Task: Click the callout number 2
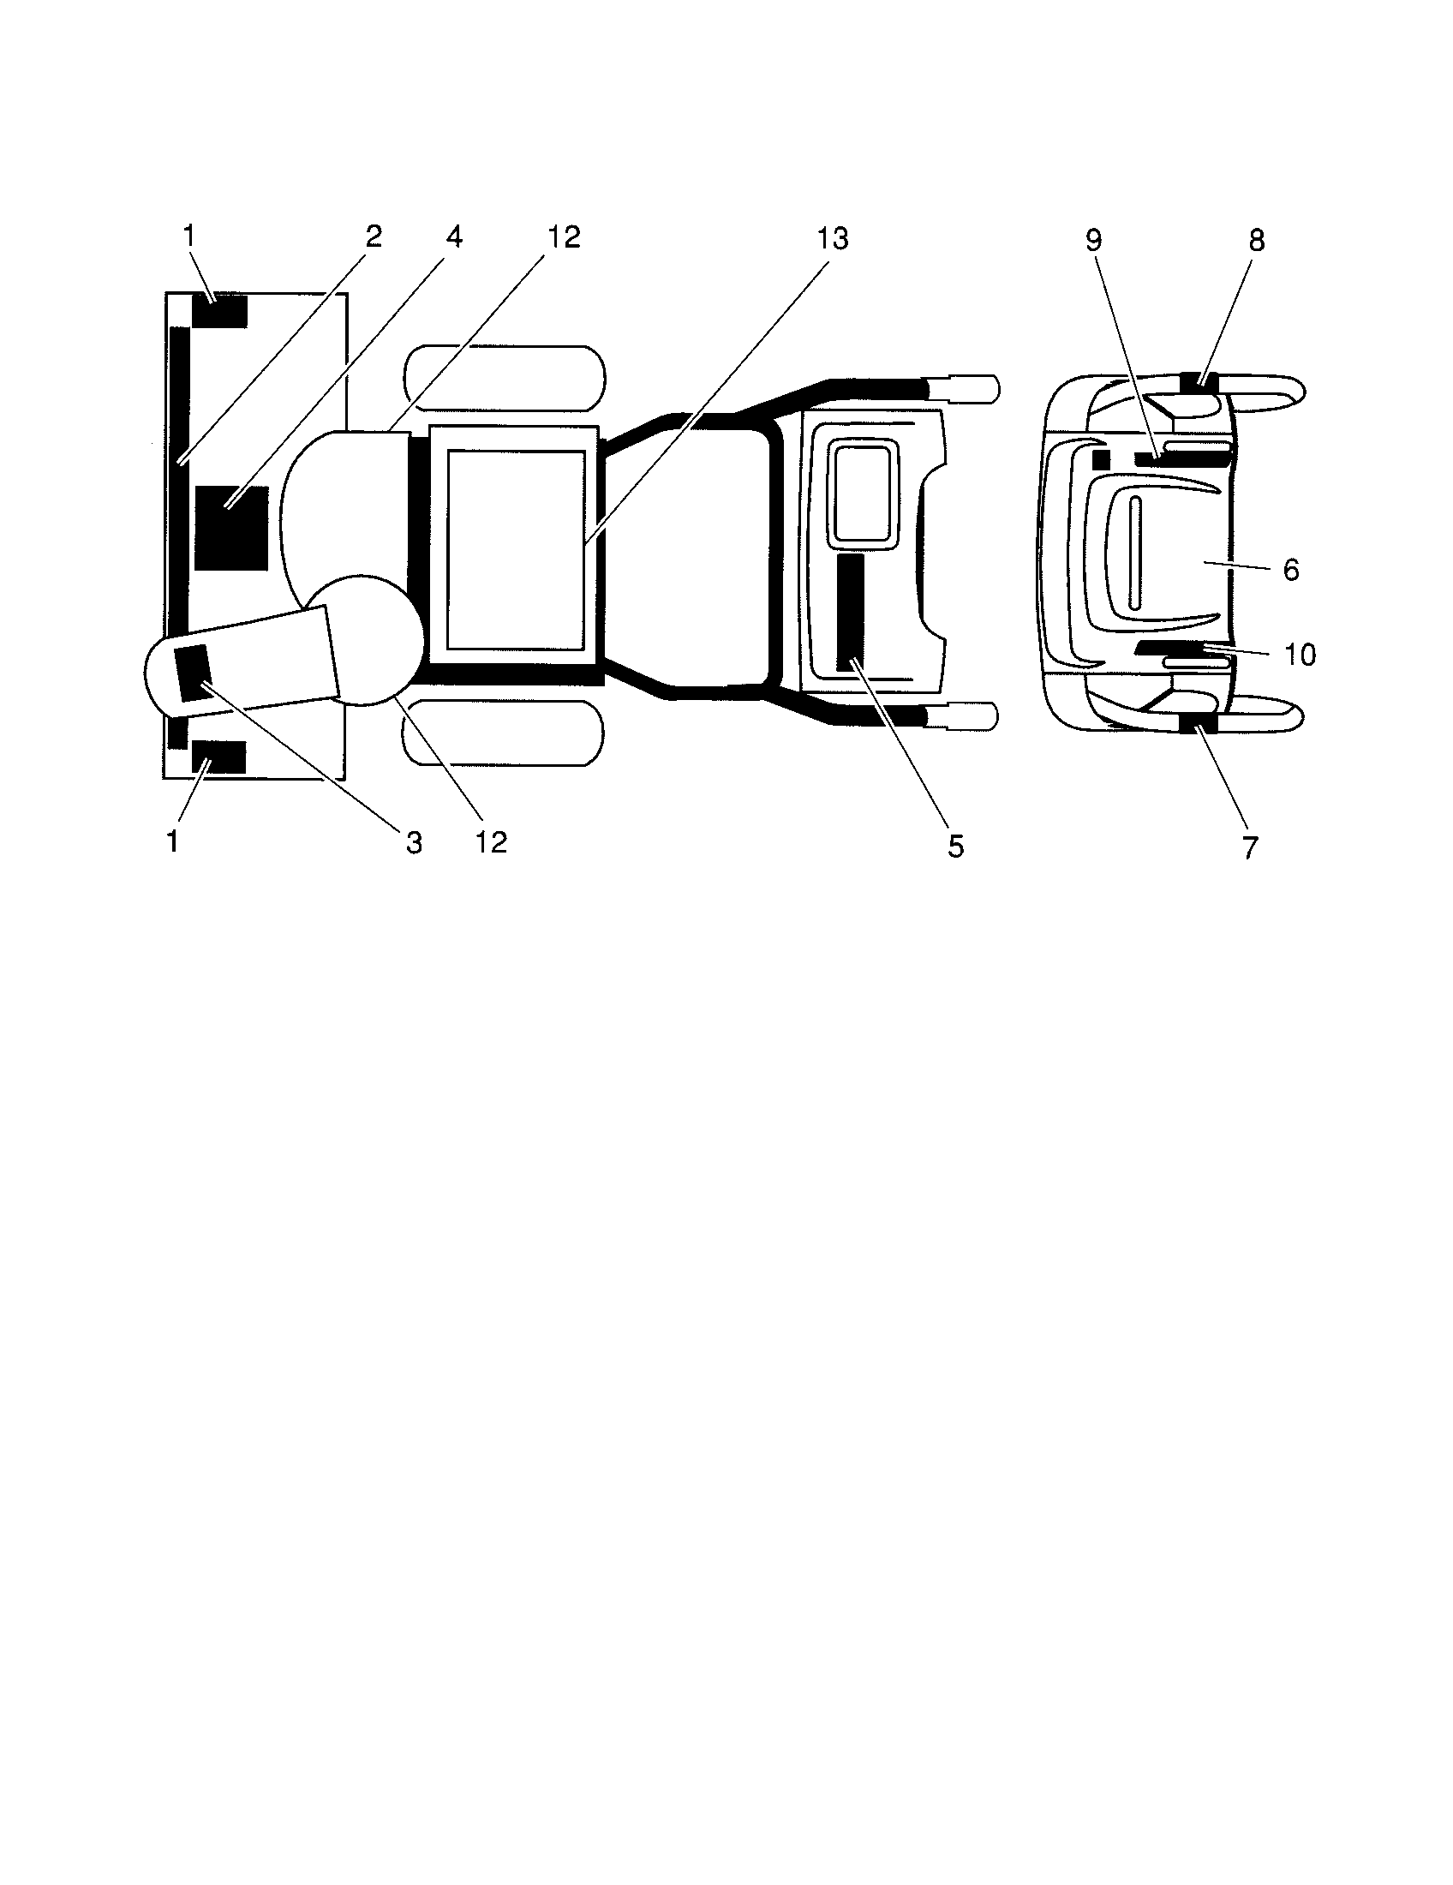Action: click(373, 236)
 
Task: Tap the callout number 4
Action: click(454, 236)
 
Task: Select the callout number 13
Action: click(833, 238)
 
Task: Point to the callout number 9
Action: click(1093, 240)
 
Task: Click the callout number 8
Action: click(1256, 241)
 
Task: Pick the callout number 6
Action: click(1292, 571)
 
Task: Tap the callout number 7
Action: click(1250, 847)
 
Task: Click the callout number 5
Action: click(955, 847)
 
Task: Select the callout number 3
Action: click(414, 843)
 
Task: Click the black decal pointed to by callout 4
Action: click(231, 528)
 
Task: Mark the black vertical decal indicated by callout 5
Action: click(850, 613)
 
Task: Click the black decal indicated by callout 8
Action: click(1198, 381)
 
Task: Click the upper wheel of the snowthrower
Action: click(505, 377)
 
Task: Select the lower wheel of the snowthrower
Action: click(503, 733)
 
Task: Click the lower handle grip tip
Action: click(972, 716)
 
